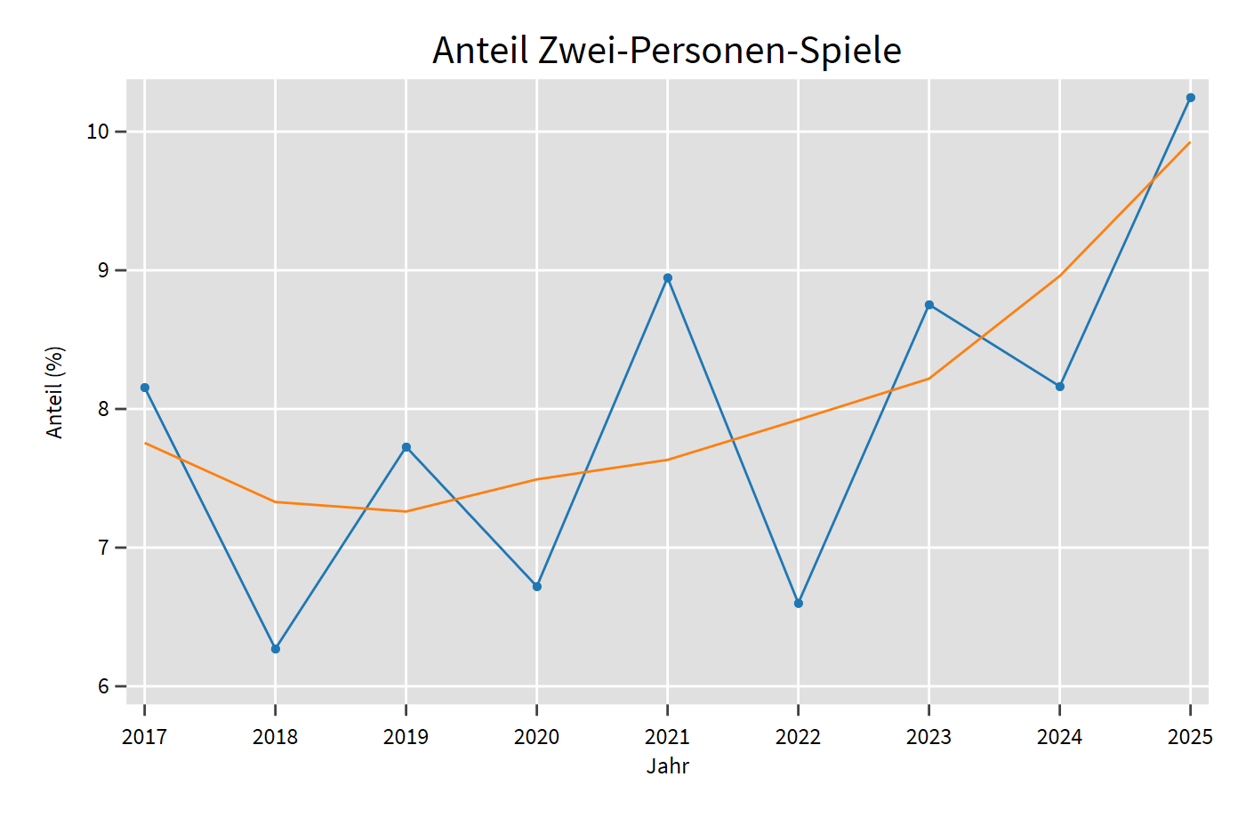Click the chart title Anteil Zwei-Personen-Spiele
[x=666, y=51]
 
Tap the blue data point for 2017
[x=145, y=388]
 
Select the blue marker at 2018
[x=276, y=649]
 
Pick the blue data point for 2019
[x=406, y=447]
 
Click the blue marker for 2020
[x=537, y=587]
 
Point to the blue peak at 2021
[x=668, y=278]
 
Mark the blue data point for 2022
[x=799, y=604]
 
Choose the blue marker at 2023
[x=929, y=305]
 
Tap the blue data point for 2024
[x=1060, y=387]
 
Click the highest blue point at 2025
[x=1191, y=98]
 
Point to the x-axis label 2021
[x=668, y=737]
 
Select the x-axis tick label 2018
[x=276, y=737]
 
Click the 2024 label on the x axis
[x=1060, y=737]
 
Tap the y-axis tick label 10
[x=97, y=132]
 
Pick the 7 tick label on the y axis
[x=103, y=548]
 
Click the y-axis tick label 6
[x=103, y=686]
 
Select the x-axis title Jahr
[x=668, y=766]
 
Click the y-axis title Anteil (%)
[x=55, y=392]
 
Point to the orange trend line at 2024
[x=1060, y=275]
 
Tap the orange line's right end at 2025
[x=1190, y=142]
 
